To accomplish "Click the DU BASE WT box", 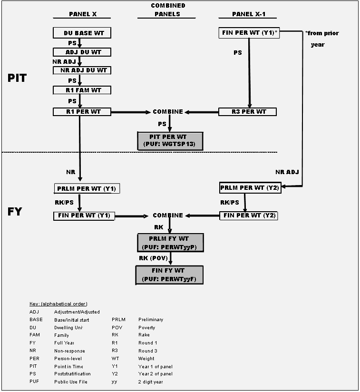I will pos(82,33).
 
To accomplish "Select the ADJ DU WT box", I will pos(82,52).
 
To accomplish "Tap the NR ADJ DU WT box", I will pos(82,70).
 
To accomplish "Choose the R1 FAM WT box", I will pos(82,90).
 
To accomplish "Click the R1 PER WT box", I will pos(82,112).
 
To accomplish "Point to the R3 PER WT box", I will pos(247,112).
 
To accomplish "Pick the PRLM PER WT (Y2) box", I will pos(250,188).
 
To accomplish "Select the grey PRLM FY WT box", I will pos(170,243).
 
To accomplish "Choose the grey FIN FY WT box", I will pos(170,275).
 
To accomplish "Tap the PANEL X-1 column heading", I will pos(248,14).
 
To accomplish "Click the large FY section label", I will pos(15,211).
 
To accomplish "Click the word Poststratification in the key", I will pos(72,374).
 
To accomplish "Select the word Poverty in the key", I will pos(146,328).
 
